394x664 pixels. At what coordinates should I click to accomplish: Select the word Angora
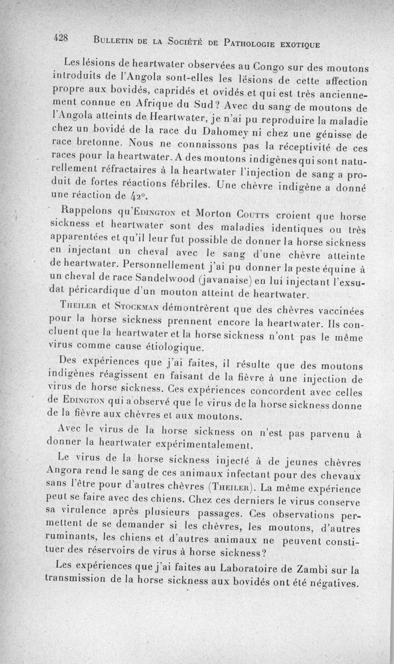(x=71, y=473)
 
